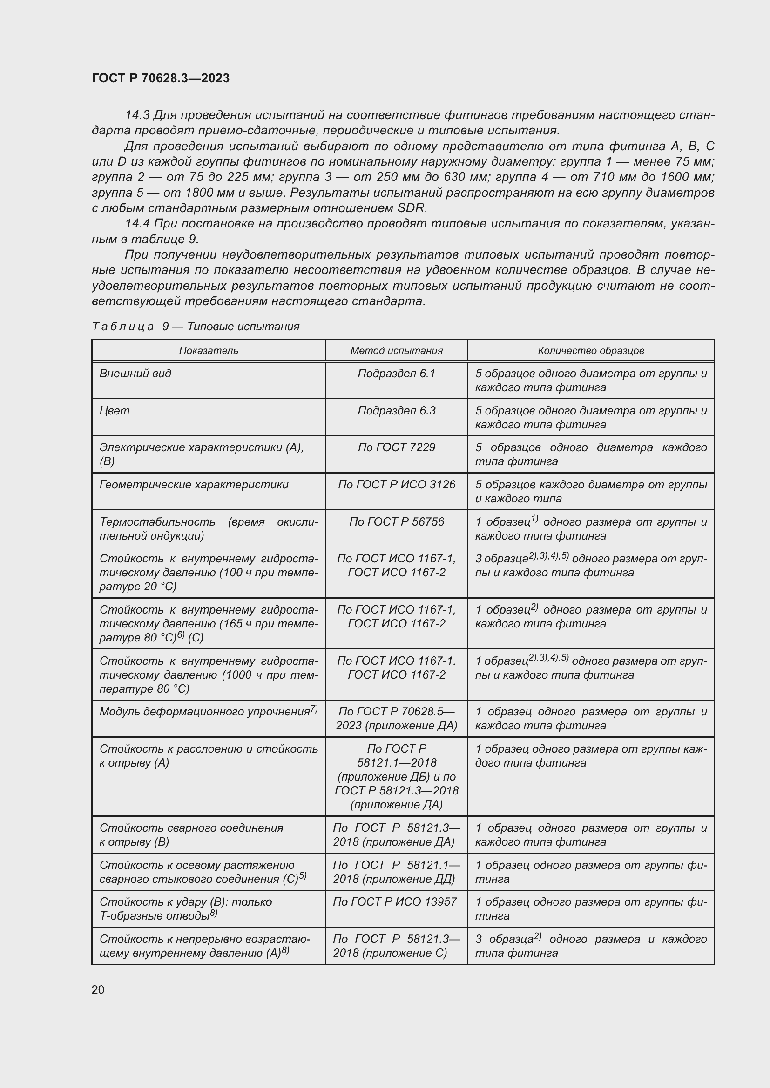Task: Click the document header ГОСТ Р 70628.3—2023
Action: pyautogui.click(x=160, y=78)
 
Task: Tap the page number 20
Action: pyautogui.click(x=98, y=989)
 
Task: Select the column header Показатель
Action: pyautogui.click(x=208, y=351)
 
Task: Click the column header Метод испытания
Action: pyautogui.click(x=396, y=351)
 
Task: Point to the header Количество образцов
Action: pyautogui.click(x=590, y=351)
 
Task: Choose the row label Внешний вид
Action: pyautogui.click(x=135, y=374)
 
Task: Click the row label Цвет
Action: pyautogui.click(x=114, y=410)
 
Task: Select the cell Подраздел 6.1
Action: pyautogui.click(x=396, y=374)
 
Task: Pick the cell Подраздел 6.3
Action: pyautogui.click(x=396, y=410)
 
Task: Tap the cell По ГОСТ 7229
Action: pyautogui.click(x=396, y=447)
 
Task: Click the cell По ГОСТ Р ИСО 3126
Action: pyautogui.click(x=396, y=484)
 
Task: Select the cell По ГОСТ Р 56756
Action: pyautogui.click(x=396, y=522)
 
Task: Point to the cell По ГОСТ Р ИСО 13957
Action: pyautogui.click(x=394, y=902)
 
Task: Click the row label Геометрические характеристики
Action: pyautogui.click(x=194, y=484)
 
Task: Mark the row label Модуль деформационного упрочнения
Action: pyautogui.click(x=204, y=712)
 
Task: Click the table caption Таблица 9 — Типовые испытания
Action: pyautogui.click(x=196, y=327)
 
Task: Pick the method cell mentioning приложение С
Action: pyautogui.click(x=396, y=946)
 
